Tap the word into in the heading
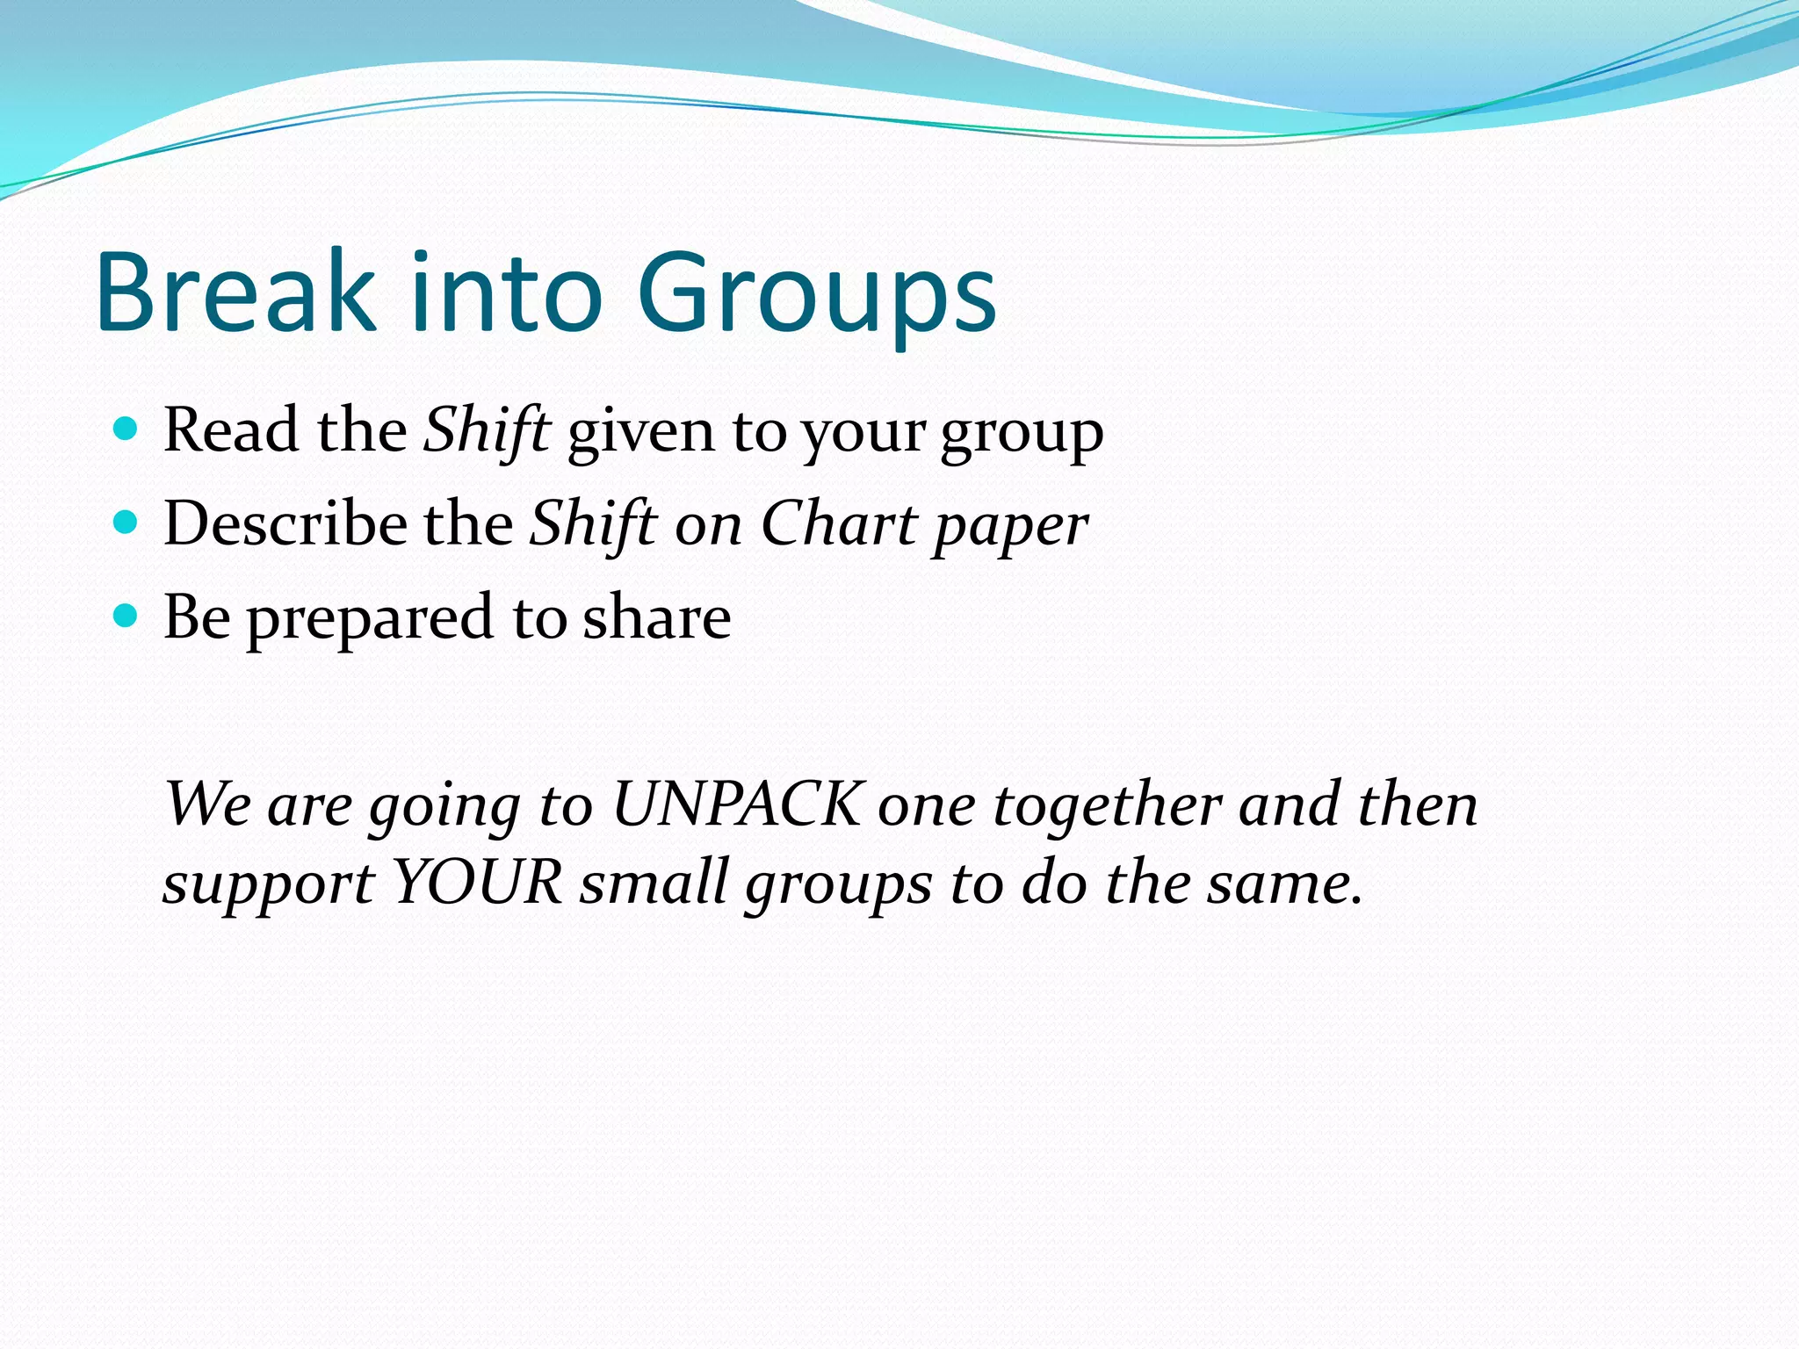[x=505, y=292]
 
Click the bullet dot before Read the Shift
[x=126, y=429]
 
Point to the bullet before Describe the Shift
[x=126, y=523]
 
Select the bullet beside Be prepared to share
[x=126, y=617]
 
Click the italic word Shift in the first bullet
[x=488, y=430]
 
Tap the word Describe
[x=285, y=523]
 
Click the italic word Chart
[x=838, y=523]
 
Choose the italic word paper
[x=1010, y=527]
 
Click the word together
[x=1107, y=805]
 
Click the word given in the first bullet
[x=640, y=432]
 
